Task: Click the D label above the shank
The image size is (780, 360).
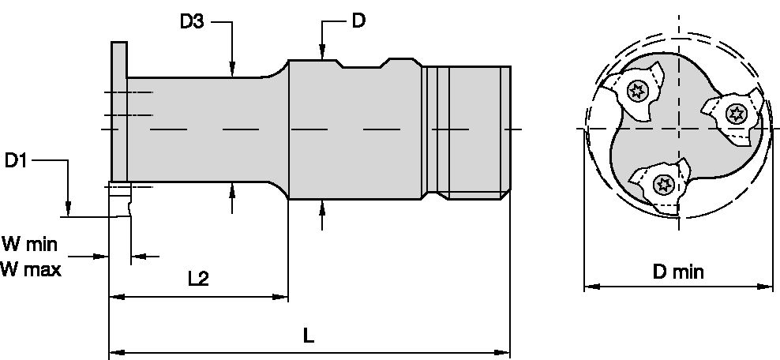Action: pos(358,21)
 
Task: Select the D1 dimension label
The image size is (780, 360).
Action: pos(17,161)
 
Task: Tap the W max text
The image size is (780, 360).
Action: pos(32,268)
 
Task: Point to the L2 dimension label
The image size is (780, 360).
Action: pos(198,279)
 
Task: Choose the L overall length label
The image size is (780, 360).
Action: pos(309,335)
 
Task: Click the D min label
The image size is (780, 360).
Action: pos(677,273)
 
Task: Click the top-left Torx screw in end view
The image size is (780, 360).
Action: pos(636,92)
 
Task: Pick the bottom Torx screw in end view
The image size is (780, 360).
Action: pos(662,186)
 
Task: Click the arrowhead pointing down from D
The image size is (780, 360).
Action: pos(322,53)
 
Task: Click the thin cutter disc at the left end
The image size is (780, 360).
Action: pos(118,111)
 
